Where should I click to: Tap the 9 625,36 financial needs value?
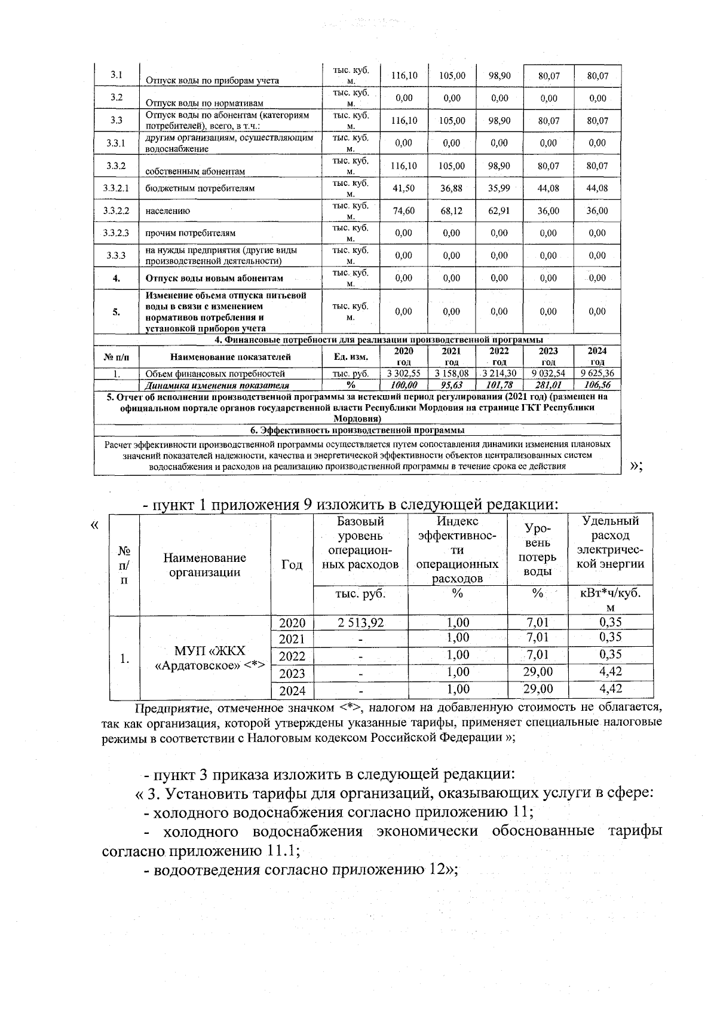point(597,374)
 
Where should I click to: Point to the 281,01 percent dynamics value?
point(548,386)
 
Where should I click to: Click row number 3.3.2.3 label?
point(116,233)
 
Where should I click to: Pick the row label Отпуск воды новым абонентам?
point(214,278)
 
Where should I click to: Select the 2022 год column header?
point(500,357)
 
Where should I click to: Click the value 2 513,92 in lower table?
point(360,622)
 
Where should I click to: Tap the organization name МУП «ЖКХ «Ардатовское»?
point(209,658)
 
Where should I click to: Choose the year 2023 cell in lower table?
point(292,673)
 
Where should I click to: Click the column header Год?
point(292,565)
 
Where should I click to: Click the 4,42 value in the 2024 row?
point(610,689)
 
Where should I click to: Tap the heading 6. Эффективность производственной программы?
point(357,430)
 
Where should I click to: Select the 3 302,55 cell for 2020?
point(404,374)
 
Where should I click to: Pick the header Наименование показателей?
point(231,357)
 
